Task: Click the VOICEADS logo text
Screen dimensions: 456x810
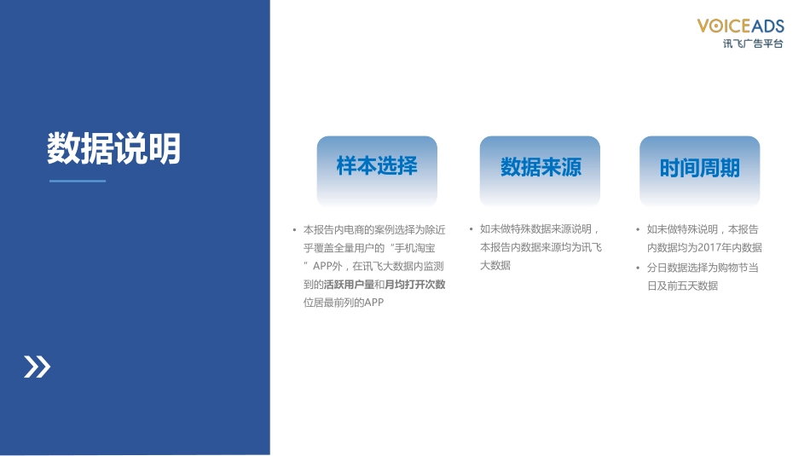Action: (x=740, y=26)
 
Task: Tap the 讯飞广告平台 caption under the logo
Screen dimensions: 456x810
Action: (x=752, y=43)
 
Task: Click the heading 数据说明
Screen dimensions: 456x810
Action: (x=113, y=149)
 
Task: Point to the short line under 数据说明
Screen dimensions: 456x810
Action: (x=78, y=181)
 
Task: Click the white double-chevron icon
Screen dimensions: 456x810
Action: (x=37, y=367)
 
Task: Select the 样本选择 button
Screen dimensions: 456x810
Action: (x=377, y=166)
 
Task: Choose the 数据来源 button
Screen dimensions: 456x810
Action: (x=540, y=168)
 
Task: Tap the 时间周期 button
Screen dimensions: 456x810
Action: (x=699, y=168)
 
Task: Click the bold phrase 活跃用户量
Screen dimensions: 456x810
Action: (x=349, y=285)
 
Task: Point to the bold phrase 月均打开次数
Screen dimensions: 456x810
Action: (x=415, y=285)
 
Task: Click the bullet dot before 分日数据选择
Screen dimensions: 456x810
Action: (x=637, y=268)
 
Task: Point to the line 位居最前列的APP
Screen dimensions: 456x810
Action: (x=344, y=303)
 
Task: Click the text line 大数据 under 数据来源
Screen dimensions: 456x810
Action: (x=495, y=266)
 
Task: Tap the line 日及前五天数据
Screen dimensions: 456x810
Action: (x=682, y=286)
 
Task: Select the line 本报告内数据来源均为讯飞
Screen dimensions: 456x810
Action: (x=541, y=248)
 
